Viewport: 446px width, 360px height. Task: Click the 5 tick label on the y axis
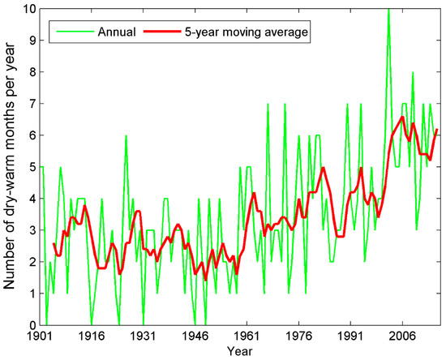(31, 167)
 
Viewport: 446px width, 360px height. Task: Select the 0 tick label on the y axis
(31, 325)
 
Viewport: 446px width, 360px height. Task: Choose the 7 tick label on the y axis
(31, 104)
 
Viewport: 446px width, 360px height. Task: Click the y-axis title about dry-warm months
(10, 167)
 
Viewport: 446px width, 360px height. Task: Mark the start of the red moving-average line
(54, 243)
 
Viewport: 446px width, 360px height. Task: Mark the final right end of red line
(437, 130)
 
